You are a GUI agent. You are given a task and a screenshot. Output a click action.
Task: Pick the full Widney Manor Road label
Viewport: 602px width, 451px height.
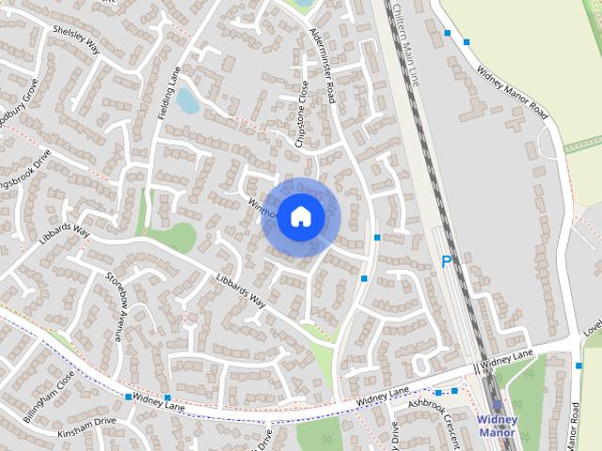[x=512, y=90]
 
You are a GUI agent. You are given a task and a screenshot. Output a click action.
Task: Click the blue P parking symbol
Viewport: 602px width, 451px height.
[x=447, y=262]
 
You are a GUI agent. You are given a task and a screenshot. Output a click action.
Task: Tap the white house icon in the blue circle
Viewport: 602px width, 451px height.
[x=300, y=217]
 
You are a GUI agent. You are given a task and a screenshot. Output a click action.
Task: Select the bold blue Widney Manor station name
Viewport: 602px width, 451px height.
[x=498, y=426]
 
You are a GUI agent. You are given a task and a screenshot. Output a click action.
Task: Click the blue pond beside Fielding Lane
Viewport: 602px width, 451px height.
[x=188, y=100]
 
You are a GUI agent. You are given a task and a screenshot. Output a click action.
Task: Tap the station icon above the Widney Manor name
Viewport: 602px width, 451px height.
[x=498, y=405]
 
